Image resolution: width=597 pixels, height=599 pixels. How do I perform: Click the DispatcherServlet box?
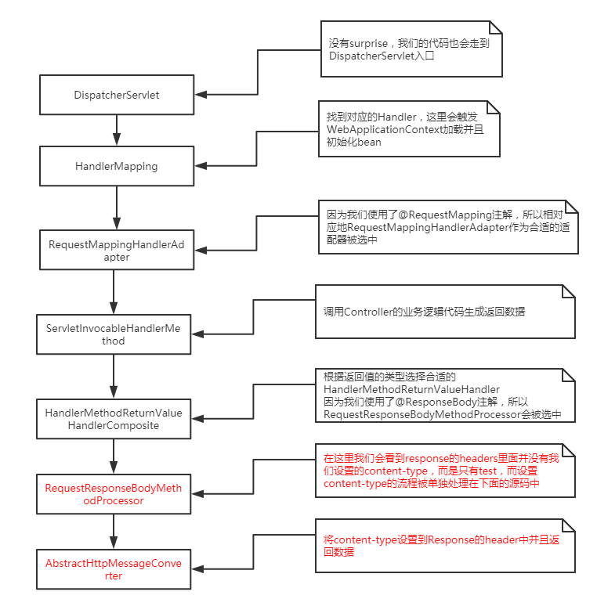click(x=117, y=95)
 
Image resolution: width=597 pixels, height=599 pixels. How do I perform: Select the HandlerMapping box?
click(x=117, y=166)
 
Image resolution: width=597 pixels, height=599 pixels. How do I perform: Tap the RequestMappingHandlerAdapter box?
click(x=117, y=250)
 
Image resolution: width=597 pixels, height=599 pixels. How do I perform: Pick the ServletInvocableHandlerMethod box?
click(x=114, y=334)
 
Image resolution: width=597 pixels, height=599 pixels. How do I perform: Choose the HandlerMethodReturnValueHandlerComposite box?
click(x=114, y=419)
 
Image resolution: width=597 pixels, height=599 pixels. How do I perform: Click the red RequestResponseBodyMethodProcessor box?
click(x=114, y=493)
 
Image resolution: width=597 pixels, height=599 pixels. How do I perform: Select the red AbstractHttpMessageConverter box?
click(x=114, y=569)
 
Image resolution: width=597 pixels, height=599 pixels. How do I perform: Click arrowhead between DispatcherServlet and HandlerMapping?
click(x=117, y=139)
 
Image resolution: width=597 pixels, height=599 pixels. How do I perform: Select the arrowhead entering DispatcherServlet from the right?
click(x=201, y=95)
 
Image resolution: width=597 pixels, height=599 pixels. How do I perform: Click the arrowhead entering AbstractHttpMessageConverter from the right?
click(x=197, y=570)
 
